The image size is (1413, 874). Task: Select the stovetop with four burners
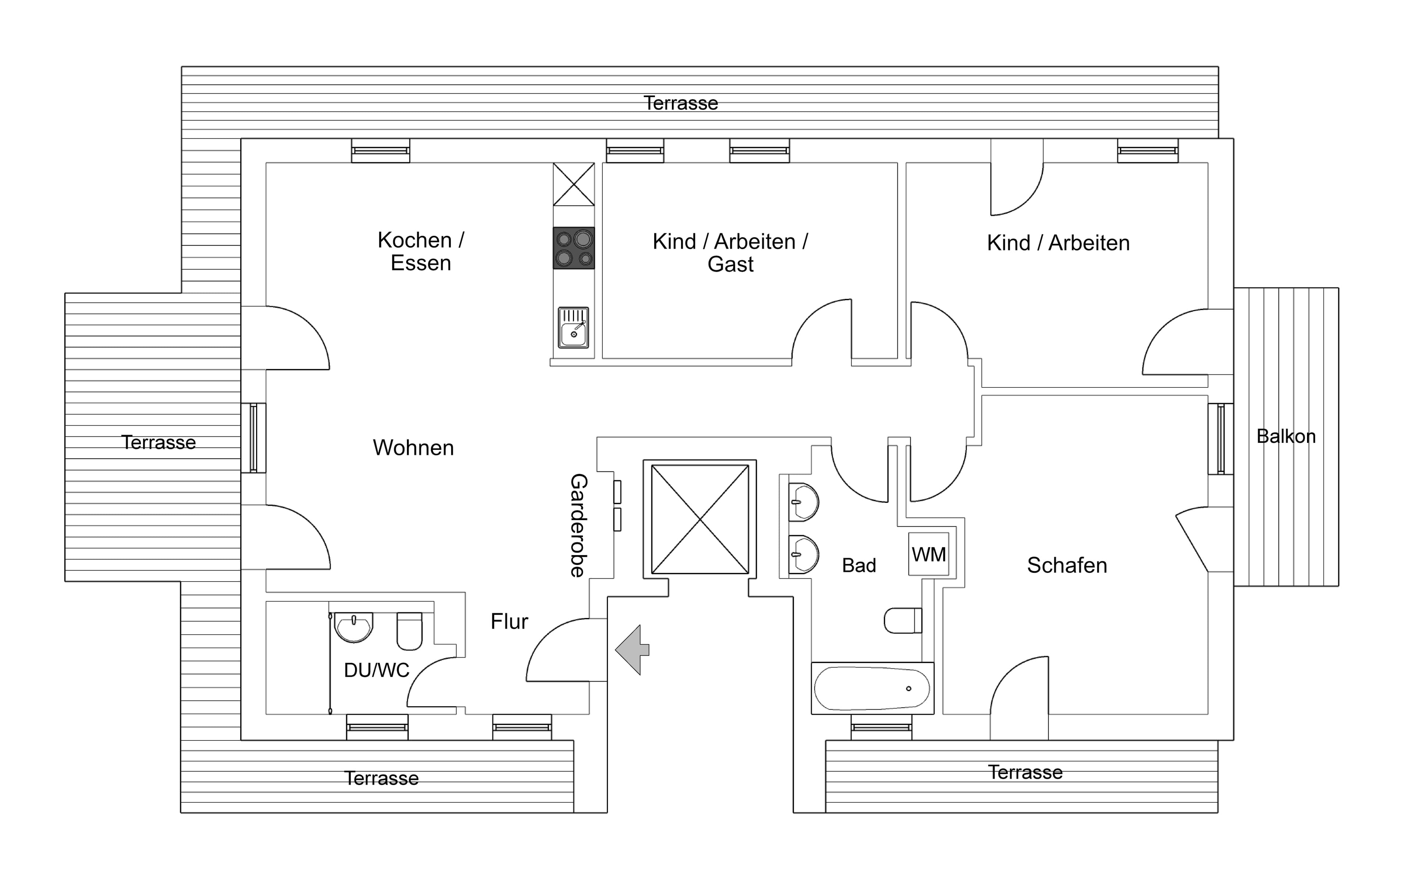point(574,248)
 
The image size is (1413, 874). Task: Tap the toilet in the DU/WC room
point(409,631)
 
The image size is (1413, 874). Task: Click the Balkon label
point(1286,436)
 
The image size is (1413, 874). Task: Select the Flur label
point(509,621)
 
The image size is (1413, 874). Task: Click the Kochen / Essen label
point(421,252)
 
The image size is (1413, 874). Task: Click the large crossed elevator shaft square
point(700,519)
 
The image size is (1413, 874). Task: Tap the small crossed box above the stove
point(574,184)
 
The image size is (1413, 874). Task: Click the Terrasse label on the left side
point(159,442)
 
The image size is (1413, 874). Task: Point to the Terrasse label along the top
point(680,103)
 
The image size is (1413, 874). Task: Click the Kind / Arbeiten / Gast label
point(730,253)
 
